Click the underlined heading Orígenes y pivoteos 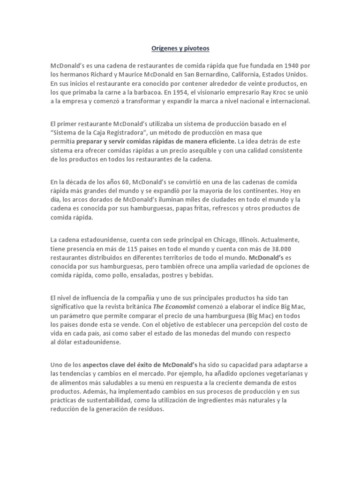(x=180, y=48)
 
